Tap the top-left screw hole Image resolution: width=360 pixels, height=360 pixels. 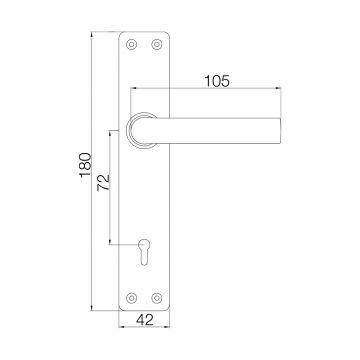tap(129, 45)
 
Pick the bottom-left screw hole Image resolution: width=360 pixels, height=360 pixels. tap(129, 295)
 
